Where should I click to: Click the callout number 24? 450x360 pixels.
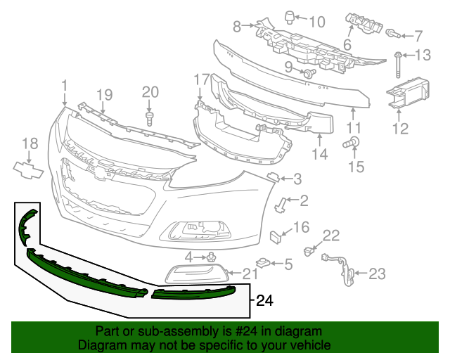coord(264,301)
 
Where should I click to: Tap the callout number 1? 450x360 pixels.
coord(64,86)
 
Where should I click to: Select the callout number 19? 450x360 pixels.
coord(104,95)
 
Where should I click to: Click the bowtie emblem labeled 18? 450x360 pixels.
coord(28,169)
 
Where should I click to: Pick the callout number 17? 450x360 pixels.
coord(202,79)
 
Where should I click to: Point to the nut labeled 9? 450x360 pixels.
coord(309,73)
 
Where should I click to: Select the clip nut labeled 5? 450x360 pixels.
coord(263,264)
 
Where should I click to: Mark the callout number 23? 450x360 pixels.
coord(377,273)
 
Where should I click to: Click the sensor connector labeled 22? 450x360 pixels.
coord(308,250)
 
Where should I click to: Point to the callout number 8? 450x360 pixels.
coord(238,27)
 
